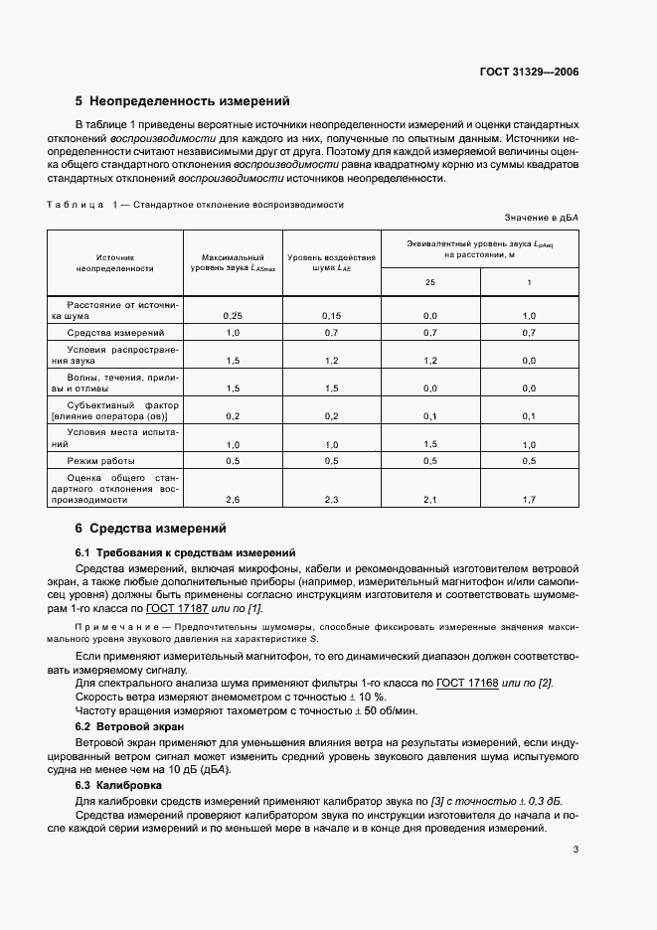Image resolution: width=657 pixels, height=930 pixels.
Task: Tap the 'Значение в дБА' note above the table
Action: [541, 217]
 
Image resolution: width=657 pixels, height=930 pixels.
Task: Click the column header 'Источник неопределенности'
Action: [115, 262]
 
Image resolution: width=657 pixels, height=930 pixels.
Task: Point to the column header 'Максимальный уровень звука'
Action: [232, 262]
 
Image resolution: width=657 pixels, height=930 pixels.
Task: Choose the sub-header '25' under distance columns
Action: [430, 282]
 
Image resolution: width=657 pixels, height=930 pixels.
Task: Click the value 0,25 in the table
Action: [233, 314]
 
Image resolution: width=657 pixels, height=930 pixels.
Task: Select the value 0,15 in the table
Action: [331, 314]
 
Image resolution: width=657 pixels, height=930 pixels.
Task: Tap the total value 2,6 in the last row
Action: [233, 500]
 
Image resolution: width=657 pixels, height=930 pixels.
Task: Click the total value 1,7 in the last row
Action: [529, 500]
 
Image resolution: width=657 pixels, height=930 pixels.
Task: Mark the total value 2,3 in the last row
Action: [331, 500]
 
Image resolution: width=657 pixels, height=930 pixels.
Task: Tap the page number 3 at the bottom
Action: [575, 849]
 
